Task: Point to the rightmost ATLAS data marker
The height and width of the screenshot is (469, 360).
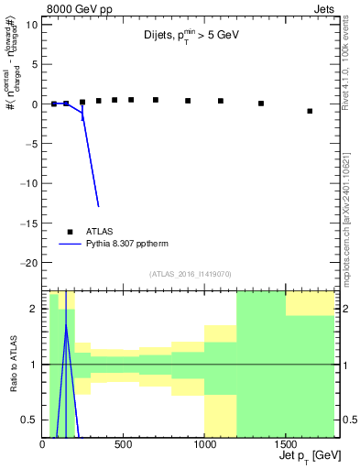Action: point(310,111)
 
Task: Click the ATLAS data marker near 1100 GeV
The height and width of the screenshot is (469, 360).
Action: point(221,101)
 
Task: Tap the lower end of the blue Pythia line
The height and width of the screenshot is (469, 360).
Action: point(98,206)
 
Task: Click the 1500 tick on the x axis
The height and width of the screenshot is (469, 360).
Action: point(285,444)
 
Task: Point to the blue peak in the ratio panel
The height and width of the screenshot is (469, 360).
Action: point(66,323)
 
